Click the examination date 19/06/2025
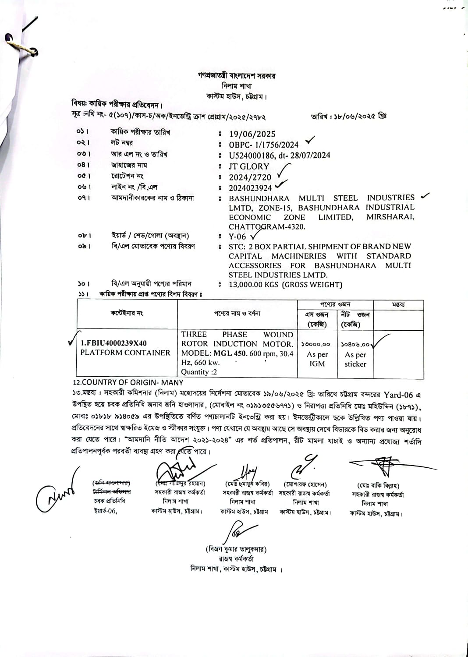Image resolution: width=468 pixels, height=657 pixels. coord(252,134)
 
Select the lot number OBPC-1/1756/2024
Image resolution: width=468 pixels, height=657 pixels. coord(263,145)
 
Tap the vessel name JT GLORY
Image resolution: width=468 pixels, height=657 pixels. coord(248,166)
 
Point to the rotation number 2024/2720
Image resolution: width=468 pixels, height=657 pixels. coord(250,177)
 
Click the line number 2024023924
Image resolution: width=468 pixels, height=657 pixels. coord(250,188)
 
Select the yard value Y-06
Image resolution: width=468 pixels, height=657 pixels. coord(237,237)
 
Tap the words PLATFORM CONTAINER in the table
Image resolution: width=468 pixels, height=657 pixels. coord(125,353)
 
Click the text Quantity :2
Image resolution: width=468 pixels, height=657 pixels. coord(199,372)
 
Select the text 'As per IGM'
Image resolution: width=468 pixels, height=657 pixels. coord(317,359)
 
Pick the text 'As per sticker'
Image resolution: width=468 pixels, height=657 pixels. coord(355,359)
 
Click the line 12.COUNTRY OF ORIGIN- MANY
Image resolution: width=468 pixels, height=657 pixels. coord(128,382)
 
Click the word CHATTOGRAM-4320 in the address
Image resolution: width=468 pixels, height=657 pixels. coord(267,227)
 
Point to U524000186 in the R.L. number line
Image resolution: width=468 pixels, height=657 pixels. coord(252,155)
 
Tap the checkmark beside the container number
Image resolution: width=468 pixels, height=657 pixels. coord(73,340)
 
